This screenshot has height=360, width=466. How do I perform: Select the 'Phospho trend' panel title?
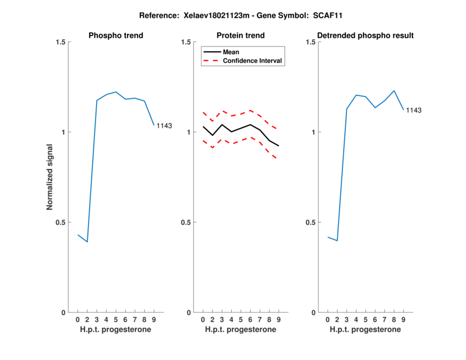[x=115, y=36]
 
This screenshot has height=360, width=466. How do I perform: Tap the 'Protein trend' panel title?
[x=240, y=36]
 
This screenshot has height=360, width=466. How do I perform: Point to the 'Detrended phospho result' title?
[x=365, y=36]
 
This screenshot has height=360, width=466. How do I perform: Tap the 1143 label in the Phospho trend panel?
[x=164, y=126]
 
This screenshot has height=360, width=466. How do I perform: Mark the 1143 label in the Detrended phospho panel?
[x=414, y=110]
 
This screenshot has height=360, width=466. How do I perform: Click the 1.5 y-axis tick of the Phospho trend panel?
[x=59, y=42]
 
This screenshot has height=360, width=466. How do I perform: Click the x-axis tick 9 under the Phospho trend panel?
[x=154, y=319]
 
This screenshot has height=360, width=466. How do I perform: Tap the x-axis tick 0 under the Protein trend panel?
[x=203, y=319]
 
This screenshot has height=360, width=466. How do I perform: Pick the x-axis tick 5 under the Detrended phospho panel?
[x=365, y=319]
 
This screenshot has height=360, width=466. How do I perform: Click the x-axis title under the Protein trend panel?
[x=240, y=329]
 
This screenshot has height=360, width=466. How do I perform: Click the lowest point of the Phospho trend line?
[x=87, y=242]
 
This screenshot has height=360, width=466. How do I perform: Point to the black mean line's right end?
[x=278, y=146]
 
